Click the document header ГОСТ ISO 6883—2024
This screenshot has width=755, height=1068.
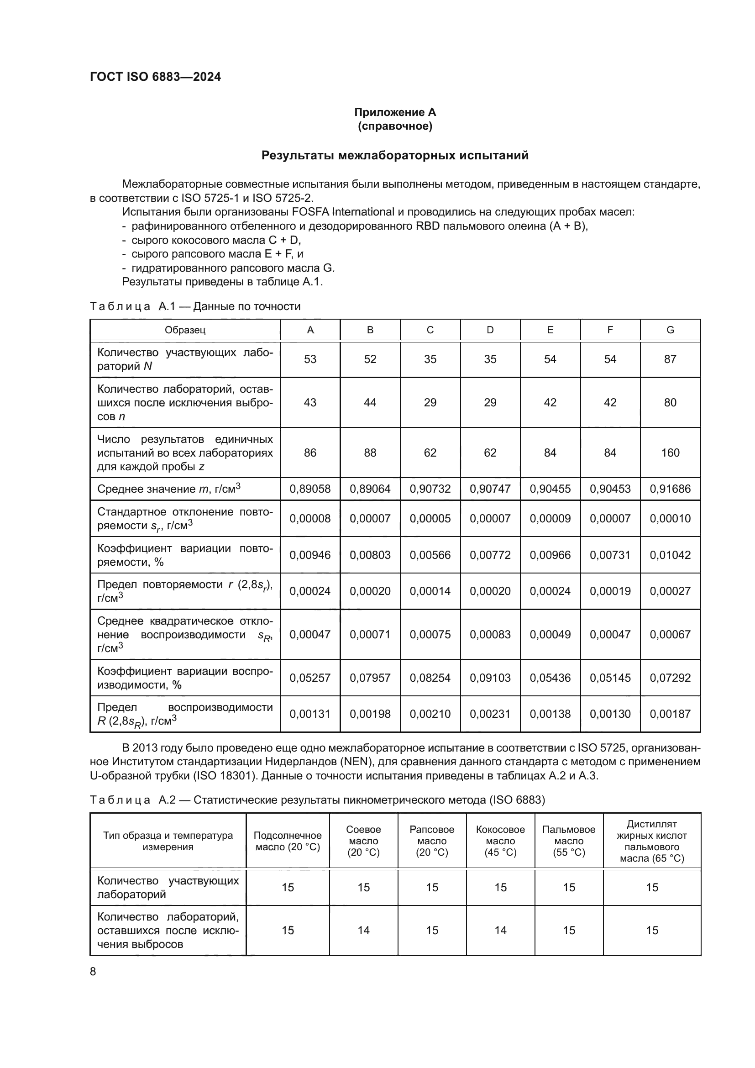click(x=155, y=77)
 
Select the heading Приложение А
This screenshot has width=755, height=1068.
click(x=395, y=112)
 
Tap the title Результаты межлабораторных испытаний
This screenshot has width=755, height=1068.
click(x=395, y=155)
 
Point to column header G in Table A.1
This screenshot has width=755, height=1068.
click(x=670, y=330)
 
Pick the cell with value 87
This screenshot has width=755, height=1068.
click(x=670, y=359)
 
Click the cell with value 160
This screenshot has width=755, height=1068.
click(x=670, y=452)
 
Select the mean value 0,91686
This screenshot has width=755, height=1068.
click(x=670, y=489)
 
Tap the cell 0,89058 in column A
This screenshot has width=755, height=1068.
click(x=310, y=489)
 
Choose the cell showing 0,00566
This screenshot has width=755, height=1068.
click(x=430, y=555)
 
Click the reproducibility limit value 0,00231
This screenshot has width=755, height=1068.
click(x=490, y=714)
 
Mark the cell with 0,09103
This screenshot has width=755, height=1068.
click(x=490, y=678)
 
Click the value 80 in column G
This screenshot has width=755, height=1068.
click(x=670, y=402)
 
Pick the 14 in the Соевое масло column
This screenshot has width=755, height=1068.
click(x=363, y=930)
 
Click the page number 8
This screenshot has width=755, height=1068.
click(x=93, y=972)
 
